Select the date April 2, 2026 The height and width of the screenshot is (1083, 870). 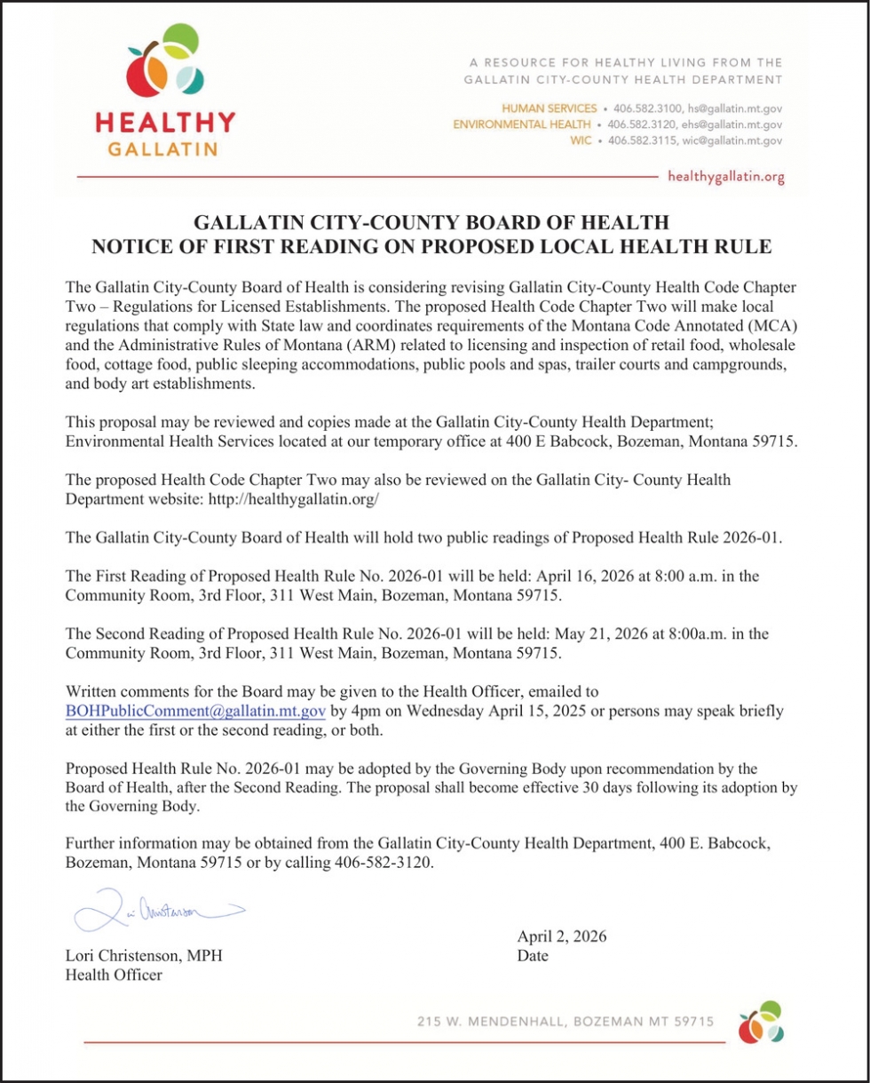(562, 936)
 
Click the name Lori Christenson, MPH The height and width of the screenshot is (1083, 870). (144, 956)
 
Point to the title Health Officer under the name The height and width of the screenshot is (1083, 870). (115, 975)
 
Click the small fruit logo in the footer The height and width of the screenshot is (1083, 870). (762, 1022)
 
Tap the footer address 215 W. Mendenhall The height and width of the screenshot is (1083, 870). (565, 1022)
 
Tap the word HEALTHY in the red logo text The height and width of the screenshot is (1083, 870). (165, 122)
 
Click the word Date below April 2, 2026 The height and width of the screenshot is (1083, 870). (533, 956)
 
